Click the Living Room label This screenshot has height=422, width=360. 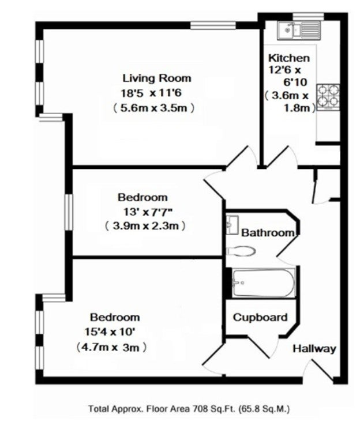tap(157, 78)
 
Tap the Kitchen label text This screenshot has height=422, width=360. tap(289, 58)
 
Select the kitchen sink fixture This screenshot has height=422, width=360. tap(299, 30)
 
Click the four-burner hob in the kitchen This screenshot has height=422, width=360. tap(328, 97)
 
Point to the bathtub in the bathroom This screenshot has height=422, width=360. tap(264, 283)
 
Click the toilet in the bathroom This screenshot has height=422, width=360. tap(241, 251)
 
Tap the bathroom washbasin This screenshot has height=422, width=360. tap(232, 225)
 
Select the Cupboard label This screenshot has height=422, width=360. tap(260, 317)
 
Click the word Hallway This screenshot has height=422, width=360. tap(314, 349)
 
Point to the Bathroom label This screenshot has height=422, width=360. tap(268, 232)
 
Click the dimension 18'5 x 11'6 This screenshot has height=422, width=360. tap(151, 93)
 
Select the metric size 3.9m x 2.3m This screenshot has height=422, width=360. tap(145, 225)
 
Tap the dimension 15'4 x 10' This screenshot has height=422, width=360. tap(110, 332)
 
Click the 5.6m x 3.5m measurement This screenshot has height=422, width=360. tap(153, 108)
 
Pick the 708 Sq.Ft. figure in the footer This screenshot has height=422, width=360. tap(214, 409)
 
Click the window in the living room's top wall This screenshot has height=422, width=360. tap(213, 25)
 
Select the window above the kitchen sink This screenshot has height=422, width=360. tap(308, 16)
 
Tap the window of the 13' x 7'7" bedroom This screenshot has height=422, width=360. tap(69, 212)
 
